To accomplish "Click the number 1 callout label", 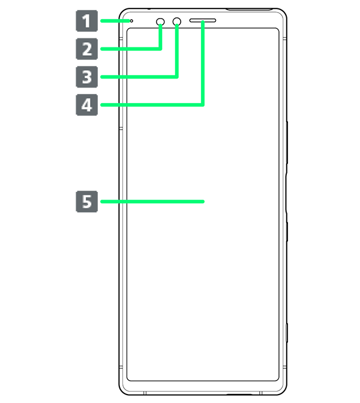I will point(87,22).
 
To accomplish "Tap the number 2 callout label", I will point(87,49).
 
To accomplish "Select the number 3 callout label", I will point(87,77).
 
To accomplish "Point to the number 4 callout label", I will point(87,106).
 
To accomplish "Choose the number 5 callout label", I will point(87,202).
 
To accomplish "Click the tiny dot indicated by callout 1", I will point(131,21).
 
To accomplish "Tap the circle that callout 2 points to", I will point(161,22).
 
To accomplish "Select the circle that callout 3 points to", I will point(178,22).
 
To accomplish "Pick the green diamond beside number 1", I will point(110,22).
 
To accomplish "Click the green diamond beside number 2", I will point(110,49).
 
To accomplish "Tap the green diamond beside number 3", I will point(110,77).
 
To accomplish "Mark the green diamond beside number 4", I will point(110,105).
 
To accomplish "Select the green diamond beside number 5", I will point(110,202).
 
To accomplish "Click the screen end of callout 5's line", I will point(203,202).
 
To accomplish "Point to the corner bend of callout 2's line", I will point(161,49).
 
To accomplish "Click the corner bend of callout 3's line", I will point(178,76).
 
